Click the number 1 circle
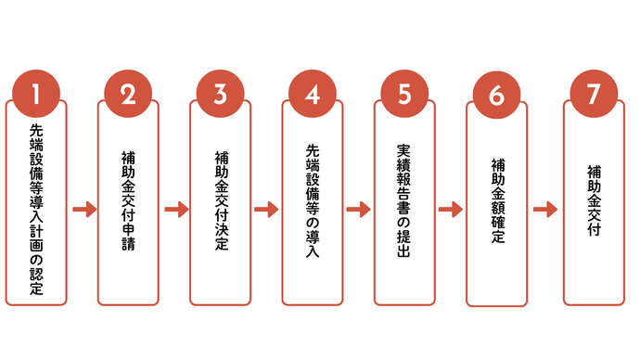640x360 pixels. (x=35, y=94)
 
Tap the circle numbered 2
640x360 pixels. (x=128, y=94)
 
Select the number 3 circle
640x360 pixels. (x=220, y=94)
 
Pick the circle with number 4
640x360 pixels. (x=313, y=94)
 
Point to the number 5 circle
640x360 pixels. (x=404, y=94)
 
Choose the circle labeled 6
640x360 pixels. (x=496, y=96)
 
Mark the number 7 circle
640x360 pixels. (x=593, y=94)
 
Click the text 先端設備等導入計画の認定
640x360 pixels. (x=35, y=210)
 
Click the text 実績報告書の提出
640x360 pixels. (x=404, y=201)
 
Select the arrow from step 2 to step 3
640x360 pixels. (x=175, y=209)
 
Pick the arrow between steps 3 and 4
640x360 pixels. (x=266, y=209)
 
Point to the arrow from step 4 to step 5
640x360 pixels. (x=359, y=209)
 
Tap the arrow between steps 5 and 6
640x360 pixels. (x=451, y=209)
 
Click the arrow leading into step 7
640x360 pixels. (x=544, y=209)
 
